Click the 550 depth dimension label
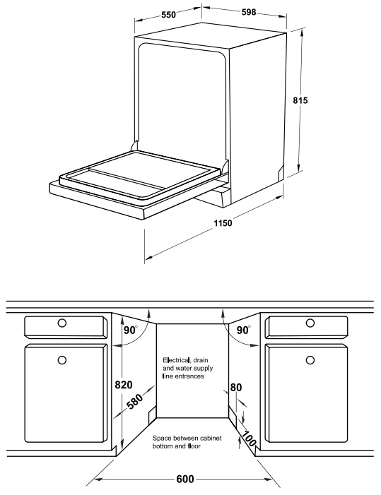168,15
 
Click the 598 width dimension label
249,12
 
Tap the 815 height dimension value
300,100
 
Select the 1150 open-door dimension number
223,223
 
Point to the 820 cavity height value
124,385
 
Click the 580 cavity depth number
135,401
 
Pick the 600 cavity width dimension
185,479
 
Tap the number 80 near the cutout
236,388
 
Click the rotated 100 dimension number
249,439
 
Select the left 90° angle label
131,330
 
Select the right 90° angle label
243,330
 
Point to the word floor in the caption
194,446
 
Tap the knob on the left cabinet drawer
62,323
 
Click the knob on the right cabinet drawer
310,323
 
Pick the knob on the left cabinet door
62,360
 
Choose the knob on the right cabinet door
310,360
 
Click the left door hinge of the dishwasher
134,146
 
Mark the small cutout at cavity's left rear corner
152,415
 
